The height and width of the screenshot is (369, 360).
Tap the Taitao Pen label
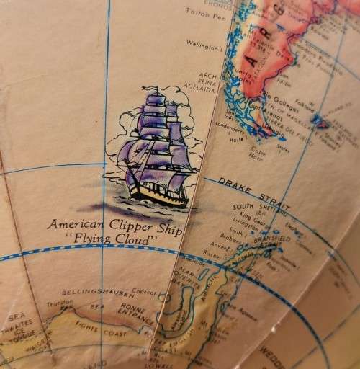point(204,12)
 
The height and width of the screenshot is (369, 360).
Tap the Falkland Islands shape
point(319,123)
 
